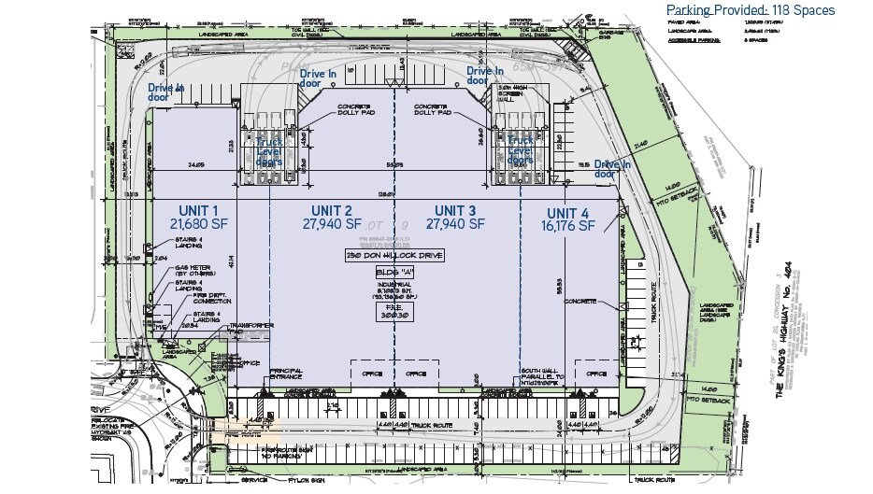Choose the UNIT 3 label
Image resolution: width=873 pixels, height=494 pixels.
(455, 210)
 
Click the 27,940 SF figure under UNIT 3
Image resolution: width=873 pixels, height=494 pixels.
(455, 225)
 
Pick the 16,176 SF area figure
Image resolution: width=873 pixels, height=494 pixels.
(571, 226)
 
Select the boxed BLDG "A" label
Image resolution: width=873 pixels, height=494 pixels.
(392, 272)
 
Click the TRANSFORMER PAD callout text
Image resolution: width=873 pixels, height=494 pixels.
(249, 326)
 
